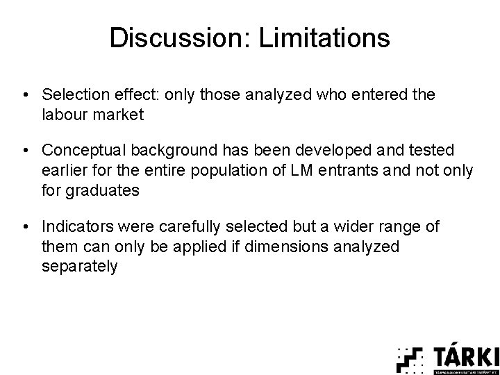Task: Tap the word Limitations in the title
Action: (x=324, y=37)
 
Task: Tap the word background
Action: (x=171, y=149)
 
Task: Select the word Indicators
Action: (x=74, y=226)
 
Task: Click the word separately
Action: (x=80, y=267)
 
